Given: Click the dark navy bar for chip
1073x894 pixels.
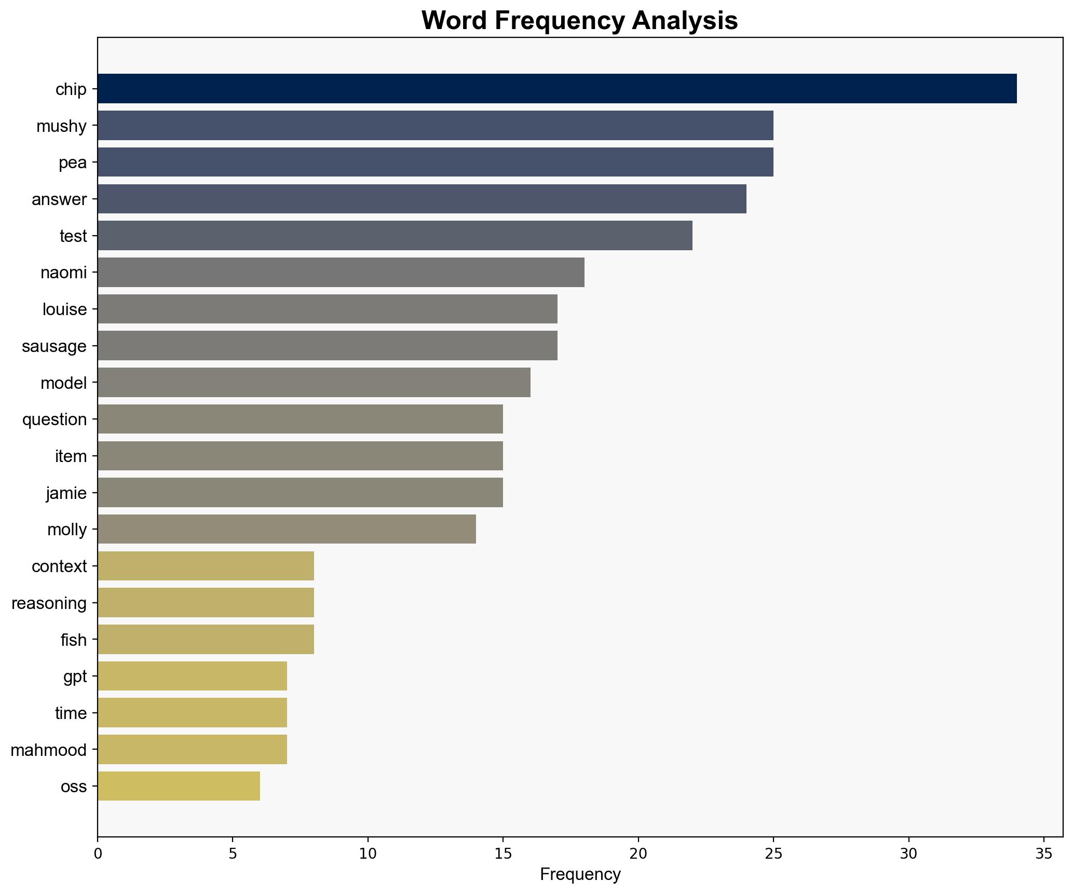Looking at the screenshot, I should coord(556,89).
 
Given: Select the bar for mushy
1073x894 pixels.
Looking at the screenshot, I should coord(435,126).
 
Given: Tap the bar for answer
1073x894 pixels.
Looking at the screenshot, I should coord(422,199).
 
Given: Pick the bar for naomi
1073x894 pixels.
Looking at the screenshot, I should coord(341,273).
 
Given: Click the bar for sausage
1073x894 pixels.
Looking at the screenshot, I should coord(327,346).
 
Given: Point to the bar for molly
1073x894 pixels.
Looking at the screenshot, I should coord(287,529).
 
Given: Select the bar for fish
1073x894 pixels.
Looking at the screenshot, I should coord(206,640).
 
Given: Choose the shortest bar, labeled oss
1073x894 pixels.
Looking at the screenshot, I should coord(179,786).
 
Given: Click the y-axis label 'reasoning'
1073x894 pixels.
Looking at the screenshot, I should coord(49,603).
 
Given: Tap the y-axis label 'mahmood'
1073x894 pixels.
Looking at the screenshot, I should coord(49,750).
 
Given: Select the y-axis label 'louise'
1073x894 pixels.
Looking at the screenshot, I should coord(65,309).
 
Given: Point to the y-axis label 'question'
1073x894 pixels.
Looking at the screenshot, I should coord(55,419).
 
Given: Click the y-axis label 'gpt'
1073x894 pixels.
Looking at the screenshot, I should coord(75,676).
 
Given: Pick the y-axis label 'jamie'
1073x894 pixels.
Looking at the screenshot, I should coord(66,493).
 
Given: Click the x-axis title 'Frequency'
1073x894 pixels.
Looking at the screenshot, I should coord(580,875).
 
